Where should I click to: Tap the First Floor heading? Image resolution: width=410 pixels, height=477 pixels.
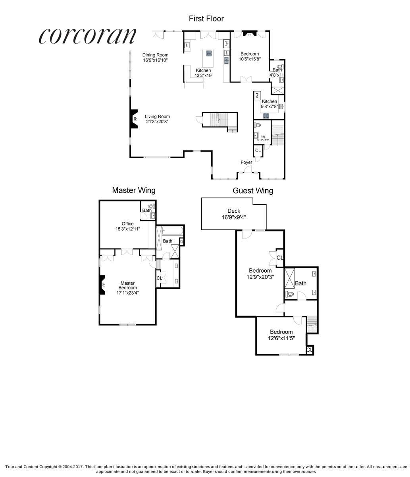[206, 18]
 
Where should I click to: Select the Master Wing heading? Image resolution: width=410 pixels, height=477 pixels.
[133, 190]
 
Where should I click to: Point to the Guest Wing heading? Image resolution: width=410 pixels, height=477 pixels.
[252, 191]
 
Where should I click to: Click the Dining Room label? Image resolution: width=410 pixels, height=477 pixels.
[156, 55]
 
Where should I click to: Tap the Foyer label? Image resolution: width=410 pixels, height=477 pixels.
[246, 162]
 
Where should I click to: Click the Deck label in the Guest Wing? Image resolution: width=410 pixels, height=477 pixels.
[233, 211]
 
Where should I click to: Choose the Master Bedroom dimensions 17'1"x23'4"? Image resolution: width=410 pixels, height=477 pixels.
[127, 293]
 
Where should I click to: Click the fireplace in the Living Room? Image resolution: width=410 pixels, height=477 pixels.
[135, 118]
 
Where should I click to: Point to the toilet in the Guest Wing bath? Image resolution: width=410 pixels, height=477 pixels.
[290, 295]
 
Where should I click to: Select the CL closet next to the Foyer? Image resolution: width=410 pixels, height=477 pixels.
[258, 151]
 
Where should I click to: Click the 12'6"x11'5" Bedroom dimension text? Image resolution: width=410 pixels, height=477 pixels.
[281, 339]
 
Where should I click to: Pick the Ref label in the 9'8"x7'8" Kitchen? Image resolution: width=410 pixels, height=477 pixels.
[257, 95]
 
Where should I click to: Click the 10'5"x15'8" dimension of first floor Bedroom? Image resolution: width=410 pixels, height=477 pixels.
[249, 59]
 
